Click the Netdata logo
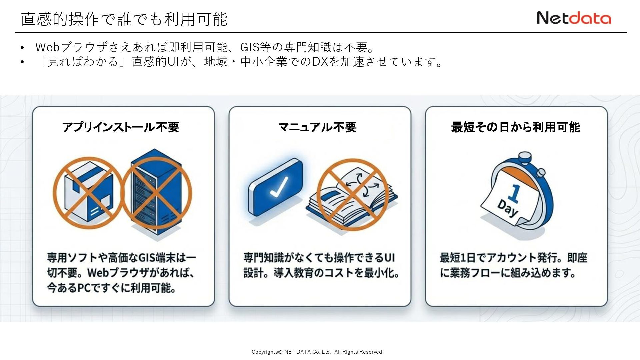pos(574,18)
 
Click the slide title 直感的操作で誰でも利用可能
pos(124,19)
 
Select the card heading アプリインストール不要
pos(121,127)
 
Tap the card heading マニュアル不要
pos(317,127)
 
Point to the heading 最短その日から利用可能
pos(516,127)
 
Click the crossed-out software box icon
pos(88,193)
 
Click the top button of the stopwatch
pos(525,157)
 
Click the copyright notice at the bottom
pos(317,352)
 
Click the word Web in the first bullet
pos(47,47)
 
